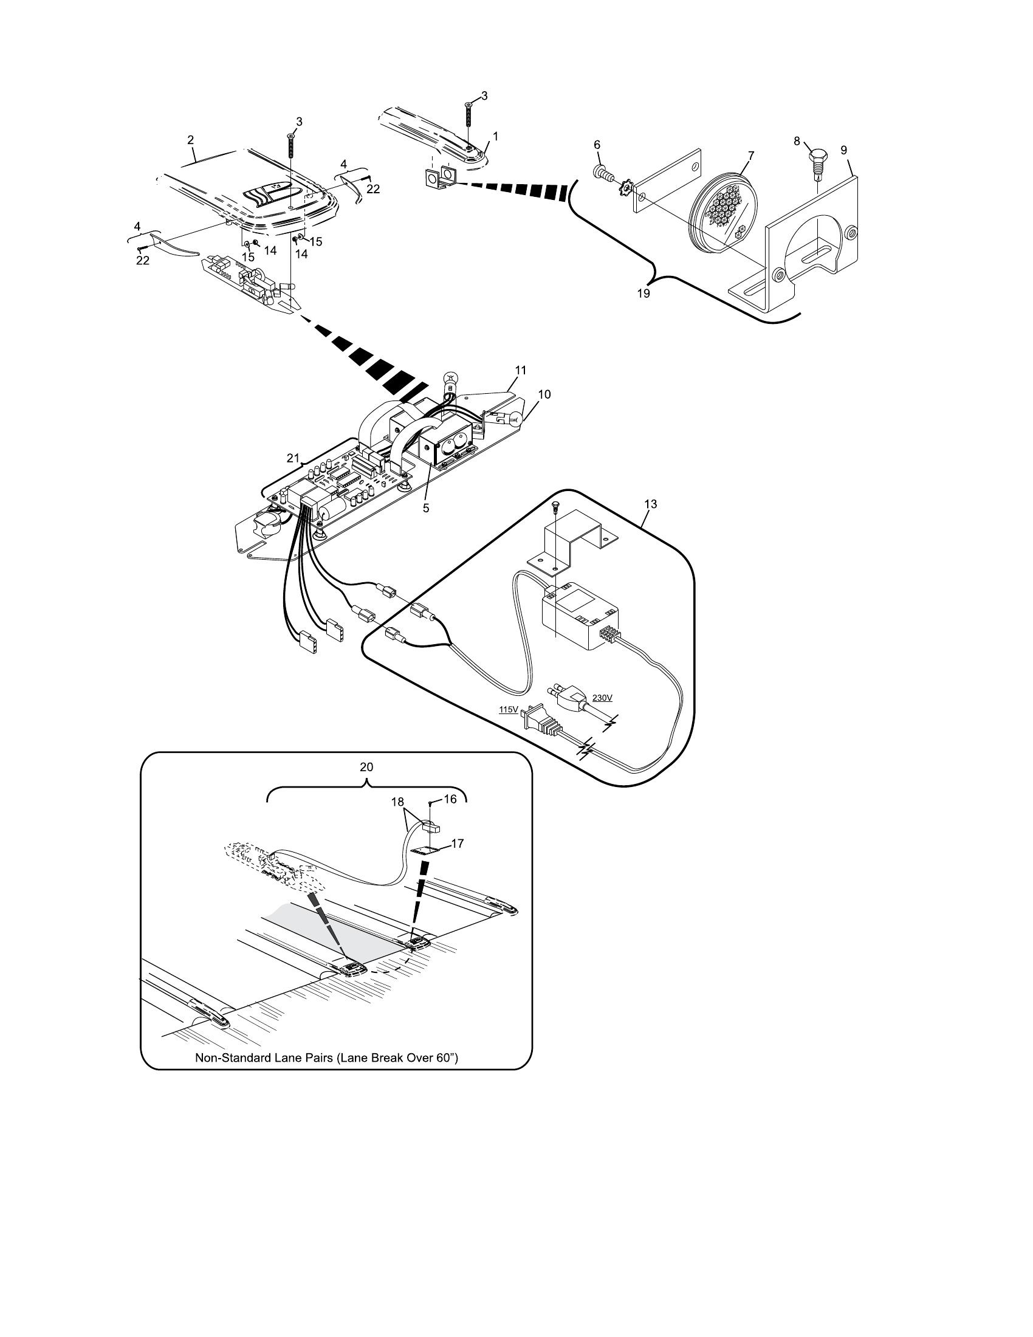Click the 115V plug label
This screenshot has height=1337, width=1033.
509,709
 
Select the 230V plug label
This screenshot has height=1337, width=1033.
602,697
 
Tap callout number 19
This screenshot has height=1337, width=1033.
643,294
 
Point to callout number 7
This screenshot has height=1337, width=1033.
751,155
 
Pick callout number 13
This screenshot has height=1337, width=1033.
651,504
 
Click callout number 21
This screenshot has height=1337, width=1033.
293,458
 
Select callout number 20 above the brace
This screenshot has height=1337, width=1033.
366,766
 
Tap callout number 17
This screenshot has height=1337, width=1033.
457,844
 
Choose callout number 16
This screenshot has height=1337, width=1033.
450,799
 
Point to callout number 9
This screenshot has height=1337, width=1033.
844,150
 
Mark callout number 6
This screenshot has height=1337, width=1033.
597,145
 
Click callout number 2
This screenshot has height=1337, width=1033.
190,140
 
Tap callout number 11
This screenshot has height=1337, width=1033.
520,369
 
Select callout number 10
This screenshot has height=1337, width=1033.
544,394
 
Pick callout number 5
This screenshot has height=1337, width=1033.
426,508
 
